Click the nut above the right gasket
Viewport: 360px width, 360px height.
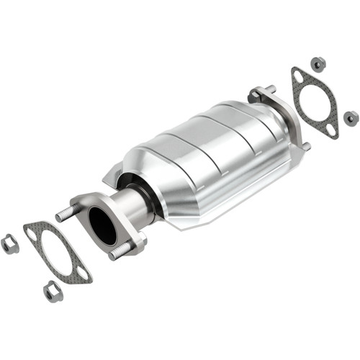tap(318, 63)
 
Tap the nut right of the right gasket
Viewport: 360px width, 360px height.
tap(351, 117)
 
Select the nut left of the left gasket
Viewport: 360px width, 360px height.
tap(10, 244)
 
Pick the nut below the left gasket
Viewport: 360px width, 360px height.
tap(53, 292)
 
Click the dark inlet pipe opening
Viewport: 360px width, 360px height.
tap(102, 225)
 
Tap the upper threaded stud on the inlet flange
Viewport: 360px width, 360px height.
tap(65, 214)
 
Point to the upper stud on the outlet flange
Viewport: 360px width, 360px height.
tap(270, 89)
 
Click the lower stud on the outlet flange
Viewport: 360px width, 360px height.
tap(305, 146)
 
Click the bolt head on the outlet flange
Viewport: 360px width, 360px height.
tap(255, 94)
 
